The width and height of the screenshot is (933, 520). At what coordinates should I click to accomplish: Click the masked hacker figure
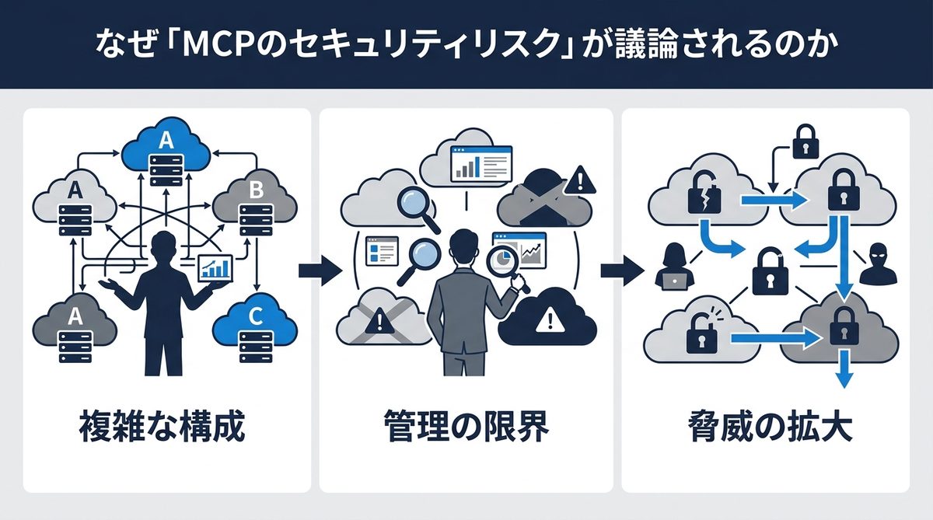878,264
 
